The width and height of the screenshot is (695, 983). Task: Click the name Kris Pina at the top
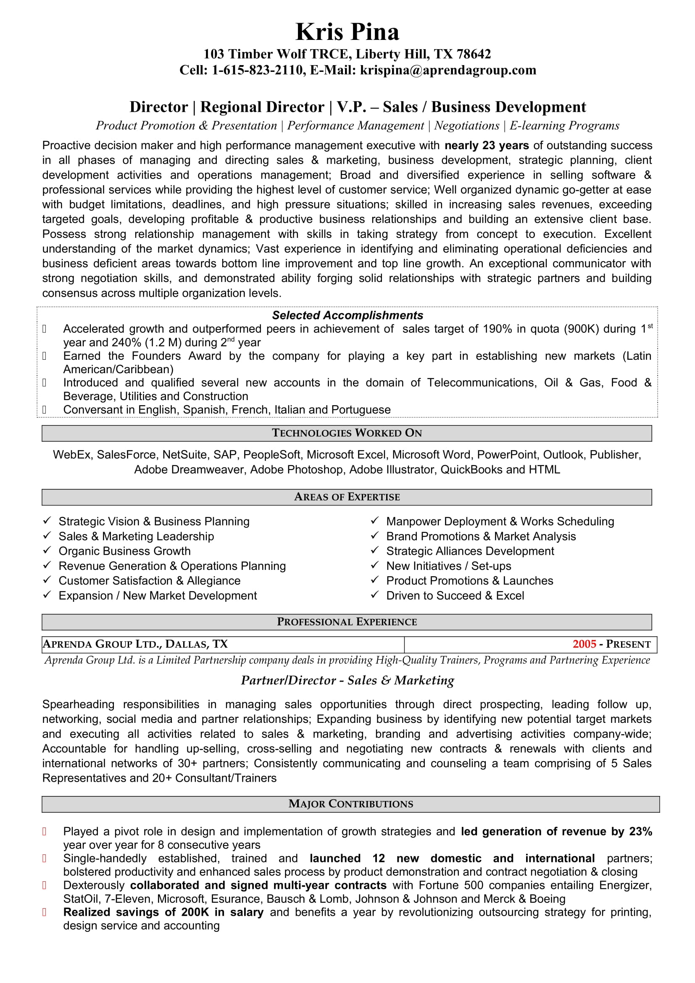click(347, 32)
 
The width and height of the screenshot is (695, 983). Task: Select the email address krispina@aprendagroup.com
click(448, 70)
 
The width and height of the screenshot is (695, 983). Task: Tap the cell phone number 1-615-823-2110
click(257, 70)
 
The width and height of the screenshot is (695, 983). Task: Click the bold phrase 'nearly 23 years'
click(487, 145)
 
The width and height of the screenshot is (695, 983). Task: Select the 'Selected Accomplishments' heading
click(347, 316)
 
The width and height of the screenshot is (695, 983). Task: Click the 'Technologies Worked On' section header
click(347, 433)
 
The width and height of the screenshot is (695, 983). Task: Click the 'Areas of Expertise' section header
click(347, 497)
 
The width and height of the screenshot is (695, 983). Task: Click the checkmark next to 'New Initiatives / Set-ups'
click(375, 565)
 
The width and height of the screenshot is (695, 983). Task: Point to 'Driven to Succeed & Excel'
click(455, 596)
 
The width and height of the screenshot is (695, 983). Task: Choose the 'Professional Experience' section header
click(347, 622)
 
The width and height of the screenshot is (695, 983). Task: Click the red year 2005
click(584, 644)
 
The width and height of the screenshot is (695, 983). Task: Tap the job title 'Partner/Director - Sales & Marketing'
click(347, 680)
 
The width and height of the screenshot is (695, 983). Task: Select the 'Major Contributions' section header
click(351, 804)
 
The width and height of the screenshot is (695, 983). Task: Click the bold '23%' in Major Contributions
click(640, 831)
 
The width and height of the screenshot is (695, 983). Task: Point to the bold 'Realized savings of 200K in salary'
click(163, 912)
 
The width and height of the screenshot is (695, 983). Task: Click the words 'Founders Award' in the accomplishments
click(176, 356)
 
